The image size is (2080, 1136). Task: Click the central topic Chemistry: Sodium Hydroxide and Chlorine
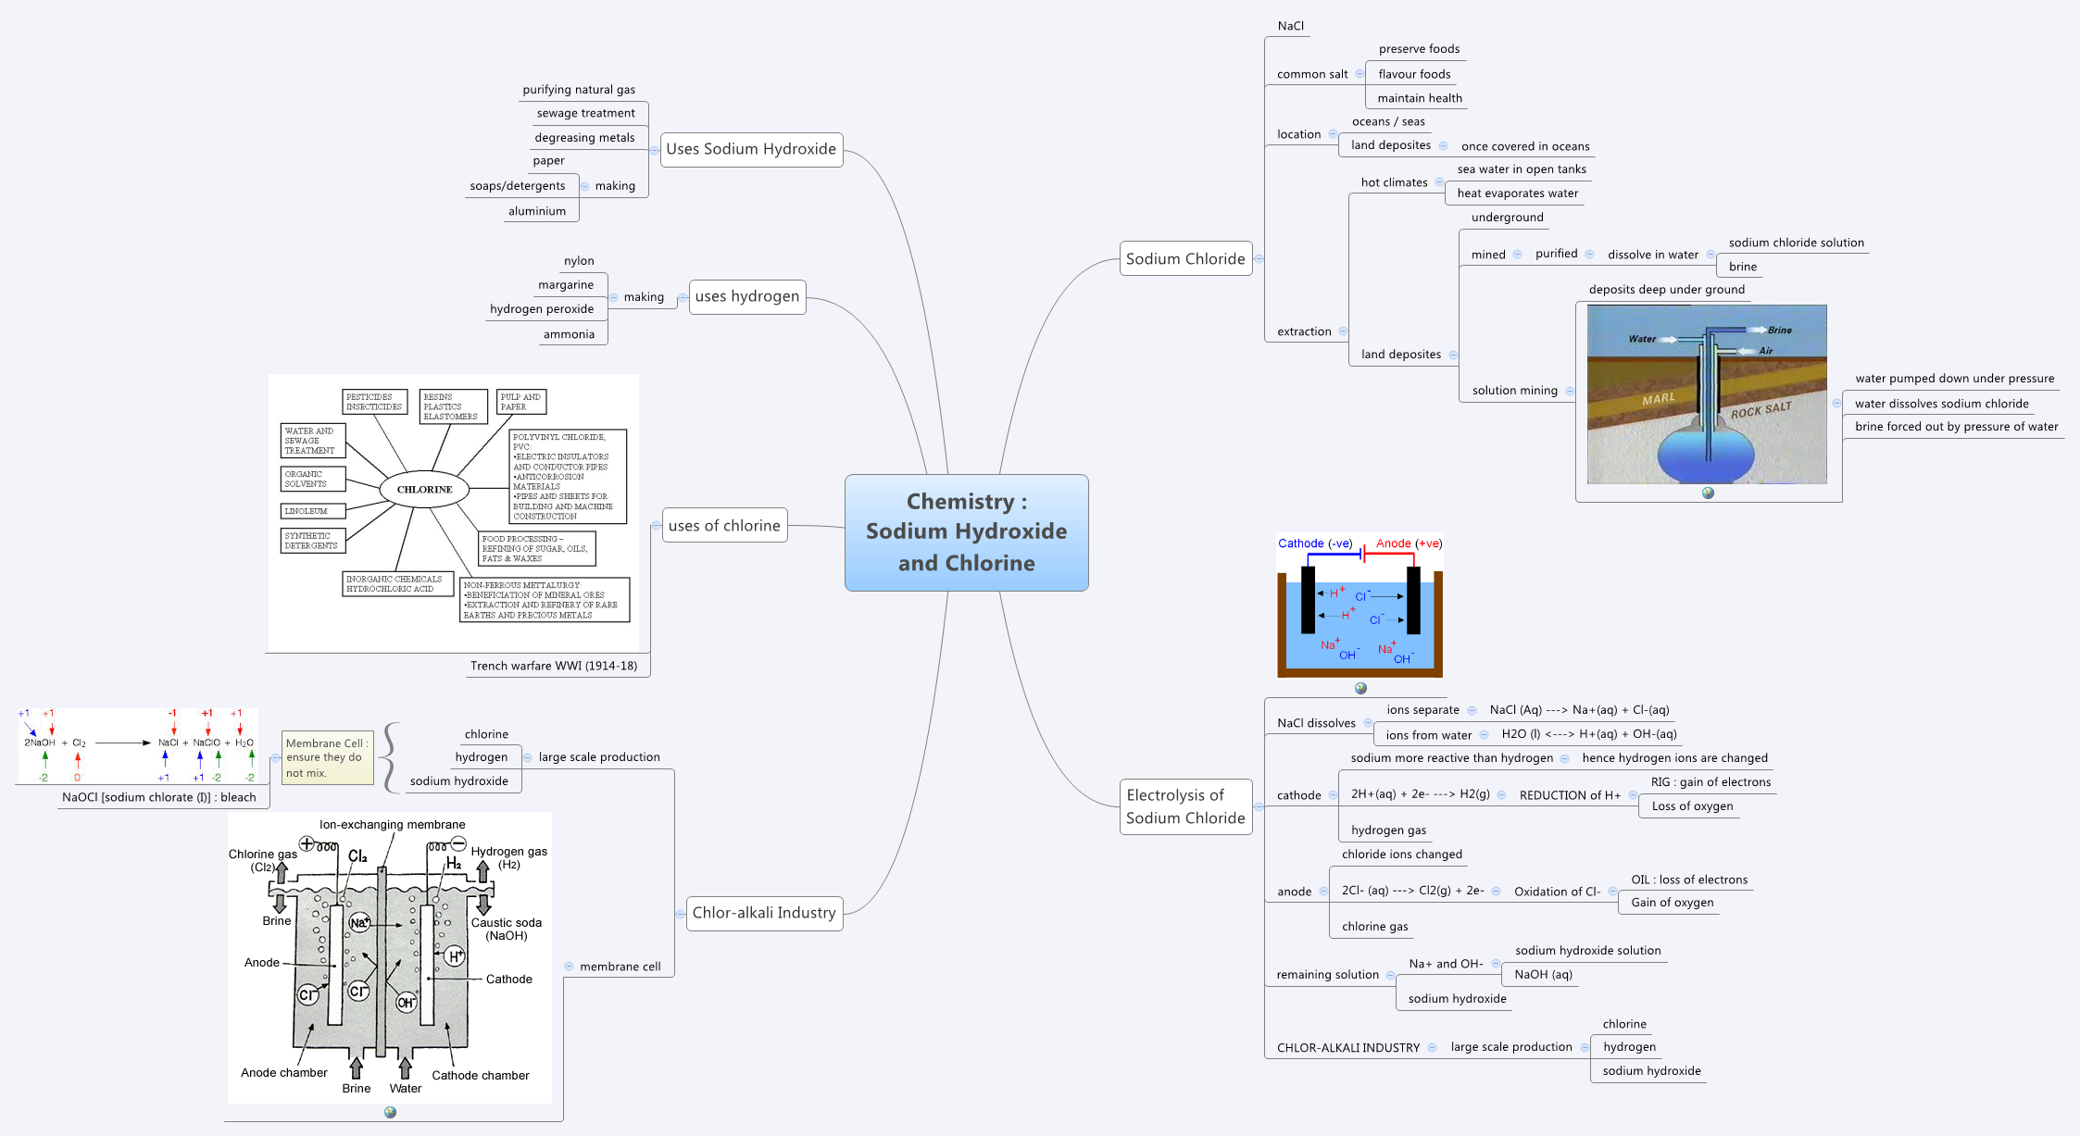click(x=966, y=532)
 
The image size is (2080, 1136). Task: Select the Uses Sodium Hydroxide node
click(x=751, y=149)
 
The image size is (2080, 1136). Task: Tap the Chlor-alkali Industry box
click(x=764, y=913)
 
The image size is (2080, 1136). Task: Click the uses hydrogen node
click(x=746, y=296)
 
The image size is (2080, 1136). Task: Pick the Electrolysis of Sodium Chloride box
click(x=1185, y=806)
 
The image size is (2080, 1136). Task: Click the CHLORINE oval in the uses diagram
click(x=424, y=489)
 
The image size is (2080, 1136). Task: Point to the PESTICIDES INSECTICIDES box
click(x=374, y=402)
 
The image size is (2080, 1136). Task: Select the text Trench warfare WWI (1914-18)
click(x=553, y=666)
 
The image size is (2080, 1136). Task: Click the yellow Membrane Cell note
click(x=327, y=757)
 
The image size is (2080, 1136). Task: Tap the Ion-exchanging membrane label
click(x=392, y=824)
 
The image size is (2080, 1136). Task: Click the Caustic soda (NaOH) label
click(x=507, y=929)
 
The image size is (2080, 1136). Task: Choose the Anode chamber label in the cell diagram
click(x=283, y=1072)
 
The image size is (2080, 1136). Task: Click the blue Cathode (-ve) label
click(x=1314, y=543)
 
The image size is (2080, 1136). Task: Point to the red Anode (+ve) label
click(x=1409, y=543)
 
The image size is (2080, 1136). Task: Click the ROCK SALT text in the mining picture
click(x=1760, y=410)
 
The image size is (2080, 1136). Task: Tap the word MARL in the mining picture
click(x=1658, y=399)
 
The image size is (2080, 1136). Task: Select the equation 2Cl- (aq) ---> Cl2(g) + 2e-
click(x=1412, y=891)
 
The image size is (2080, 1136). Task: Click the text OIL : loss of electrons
click(x=1688, y=880)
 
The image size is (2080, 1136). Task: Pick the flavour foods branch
click(x=1414, y=74)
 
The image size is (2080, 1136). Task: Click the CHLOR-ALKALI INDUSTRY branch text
click(x=1347, y=1048)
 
